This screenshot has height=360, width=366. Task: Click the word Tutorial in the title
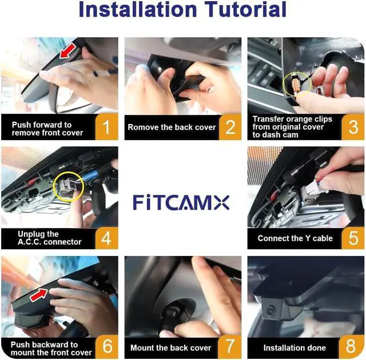[x=245, y=9]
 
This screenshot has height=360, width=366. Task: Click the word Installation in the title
[x=138, y=9]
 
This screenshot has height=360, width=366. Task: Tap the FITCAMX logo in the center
[x=181, y=203]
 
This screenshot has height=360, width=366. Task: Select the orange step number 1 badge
[x=106, y=127]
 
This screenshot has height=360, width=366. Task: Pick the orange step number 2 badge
[x=230, y=127]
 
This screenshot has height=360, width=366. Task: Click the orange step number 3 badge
[x=353, y=127]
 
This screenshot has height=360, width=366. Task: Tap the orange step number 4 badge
[x=106, y=238]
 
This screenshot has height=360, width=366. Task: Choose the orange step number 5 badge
[x=353, y=238]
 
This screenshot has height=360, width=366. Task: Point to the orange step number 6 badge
[x=106, y=347]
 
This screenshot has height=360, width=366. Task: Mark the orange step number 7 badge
[x=230, y=347]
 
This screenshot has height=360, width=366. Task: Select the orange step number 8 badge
[x=351, y=347]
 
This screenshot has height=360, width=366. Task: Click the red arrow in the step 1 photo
[x=67, y=51]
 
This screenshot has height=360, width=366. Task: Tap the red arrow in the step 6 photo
[x=39, y=294]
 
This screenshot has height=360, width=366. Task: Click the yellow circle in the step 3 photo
[x=283, y=85]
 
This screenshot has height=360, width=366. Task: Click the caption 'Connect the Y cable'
[x=295, y=238]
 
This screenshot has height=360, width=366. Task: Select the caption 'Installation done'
[x=295, y=348]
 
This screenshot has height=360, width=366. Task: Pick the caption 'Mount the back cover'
[x=170, y=348]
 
